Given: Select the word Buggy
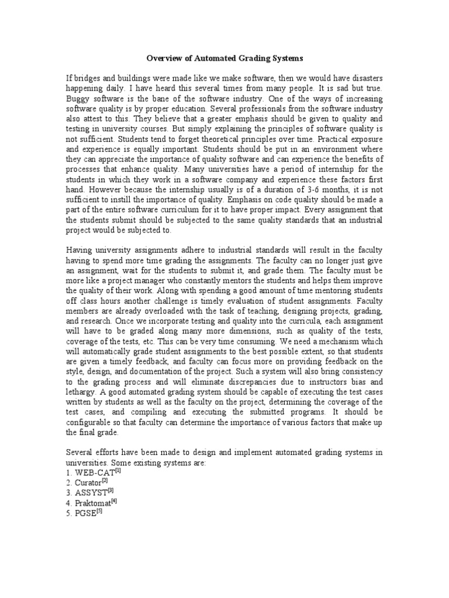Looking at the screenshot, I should pos(79,98).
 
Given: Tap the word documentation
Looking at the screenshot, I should pos(170,371).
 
